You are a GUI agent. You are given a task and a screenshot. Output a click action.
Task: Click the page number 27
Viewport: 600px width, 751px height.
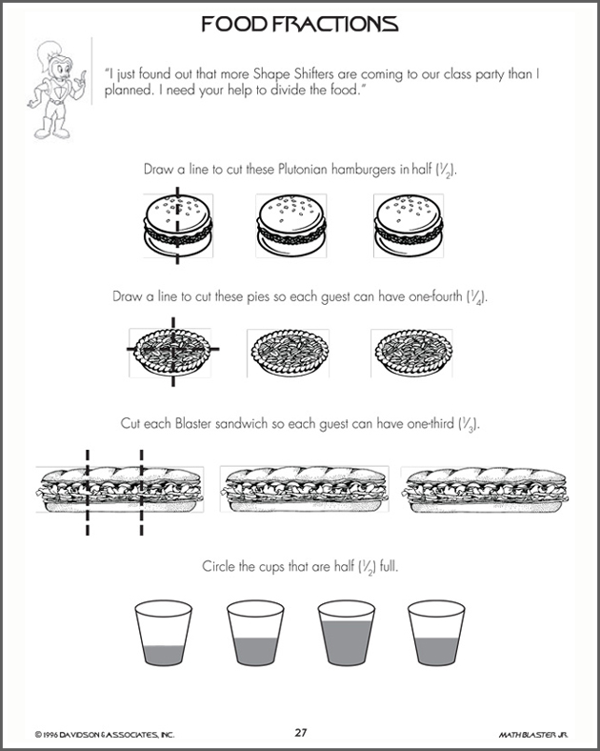(x=300, y=732)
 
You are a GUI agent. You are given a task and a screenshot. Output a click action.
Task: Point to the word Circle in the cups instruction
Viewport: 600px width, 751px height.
(x=219, y=567)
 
